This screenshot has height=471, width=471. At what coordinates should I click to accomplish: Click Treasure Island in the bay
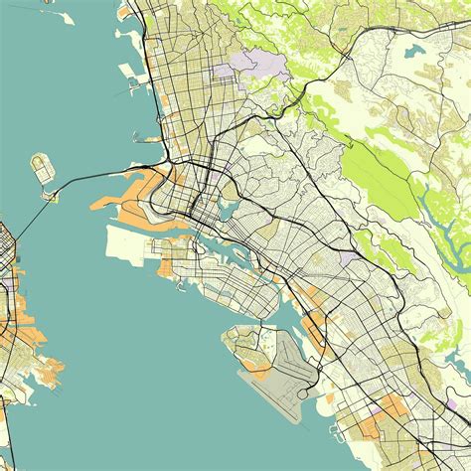[x=41, y=166]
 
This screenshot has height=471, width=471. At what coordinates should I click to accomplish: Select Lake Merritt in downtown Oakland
[x=226, y=210]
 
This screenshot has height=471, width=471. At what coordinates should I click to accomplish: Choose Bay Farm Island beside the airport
[x=243, y=343]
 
